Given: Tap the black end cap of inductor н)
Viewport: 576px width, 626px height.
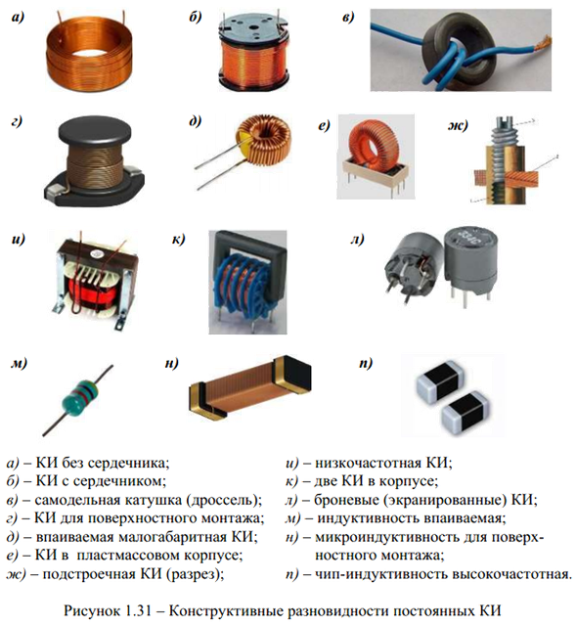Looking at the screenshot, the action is pos(292,372).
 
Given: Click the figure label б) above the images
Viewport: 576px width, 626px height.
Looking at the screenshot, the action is pos(196,18).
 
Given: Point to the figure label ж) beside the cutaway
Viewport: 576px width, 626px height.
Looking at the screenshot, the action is pos(458,126).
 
